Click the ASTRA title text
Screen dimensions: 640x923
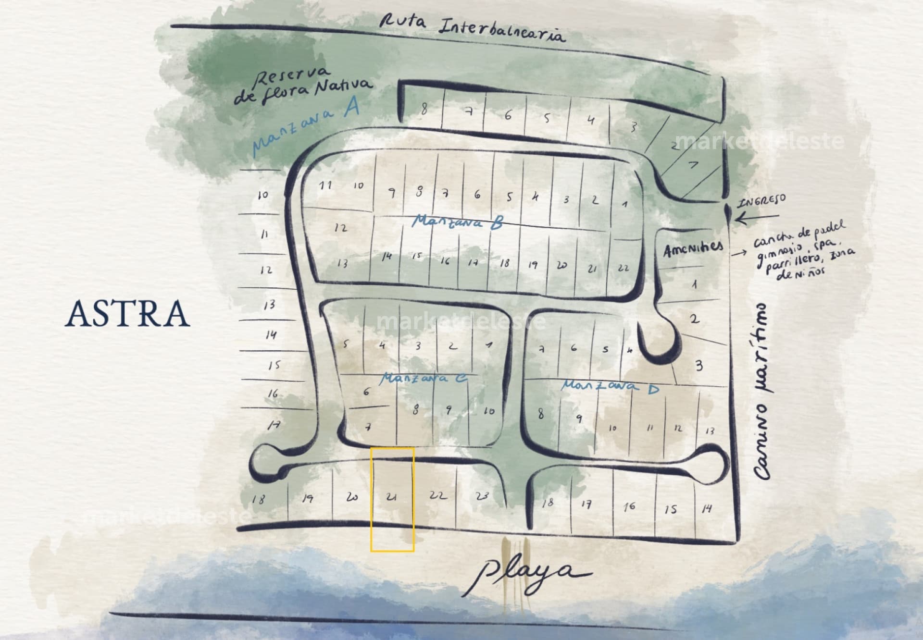click(127, 313)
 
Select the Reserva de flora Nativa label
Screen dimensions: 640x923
click(303, 86)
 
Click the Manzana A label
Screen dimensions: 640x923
click(306, 129)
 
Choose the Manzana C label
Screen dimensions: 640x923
click(423, 379)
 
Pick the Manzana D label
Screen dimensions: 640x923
click(611, 386)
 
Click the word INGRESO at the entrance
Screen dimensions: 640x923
click(762, 200)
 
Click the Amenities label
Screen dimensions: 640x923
click(693, 249)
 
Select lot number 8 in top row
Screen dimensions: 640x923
click(424, 109)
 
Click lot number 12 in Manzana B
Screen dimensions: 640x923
click(340, 228)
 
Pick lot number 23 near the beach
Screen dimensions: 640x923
click(482, 496)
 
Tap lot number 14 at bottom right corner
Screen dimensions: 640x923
click(706, 508)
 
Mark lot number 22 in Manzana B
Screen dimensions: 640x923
click(623, 268)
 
